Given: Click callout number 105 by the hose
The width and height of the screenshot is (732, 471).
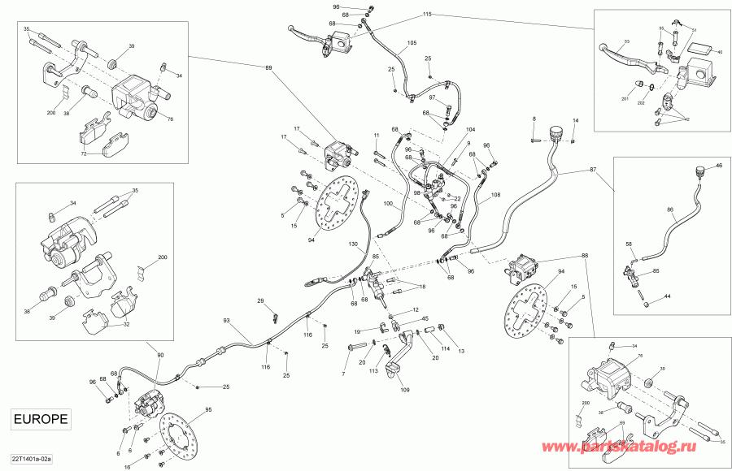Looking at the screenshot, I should pyautogui.click(x=412, y=42).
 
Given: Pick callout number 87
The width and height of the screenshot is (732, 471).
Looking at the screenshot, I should pyautogui.click(x=591, y=170).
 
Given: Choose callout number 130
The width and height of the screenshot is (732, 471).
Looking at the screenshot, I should pyautogui.click(x=353, y=244).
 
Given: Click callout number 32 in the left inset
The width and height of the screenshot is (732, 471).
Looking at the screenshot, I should pyautogui.click(x=125, y=324).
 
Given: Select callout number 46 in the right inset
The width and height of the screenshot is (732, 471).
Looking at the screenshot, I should pyautogui.click(x=718, y=166).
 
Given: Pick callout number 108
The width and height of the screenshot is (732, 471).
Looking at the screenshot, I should pyautogui.click(x=496, y=195).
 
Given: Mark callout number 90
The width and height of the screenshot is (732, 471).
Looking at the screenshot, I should pyautogui.click(x=159, y=355).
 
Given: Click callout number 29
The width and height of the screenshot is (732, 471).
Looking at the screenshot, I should pyautogui.click(x=261, y=301).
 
